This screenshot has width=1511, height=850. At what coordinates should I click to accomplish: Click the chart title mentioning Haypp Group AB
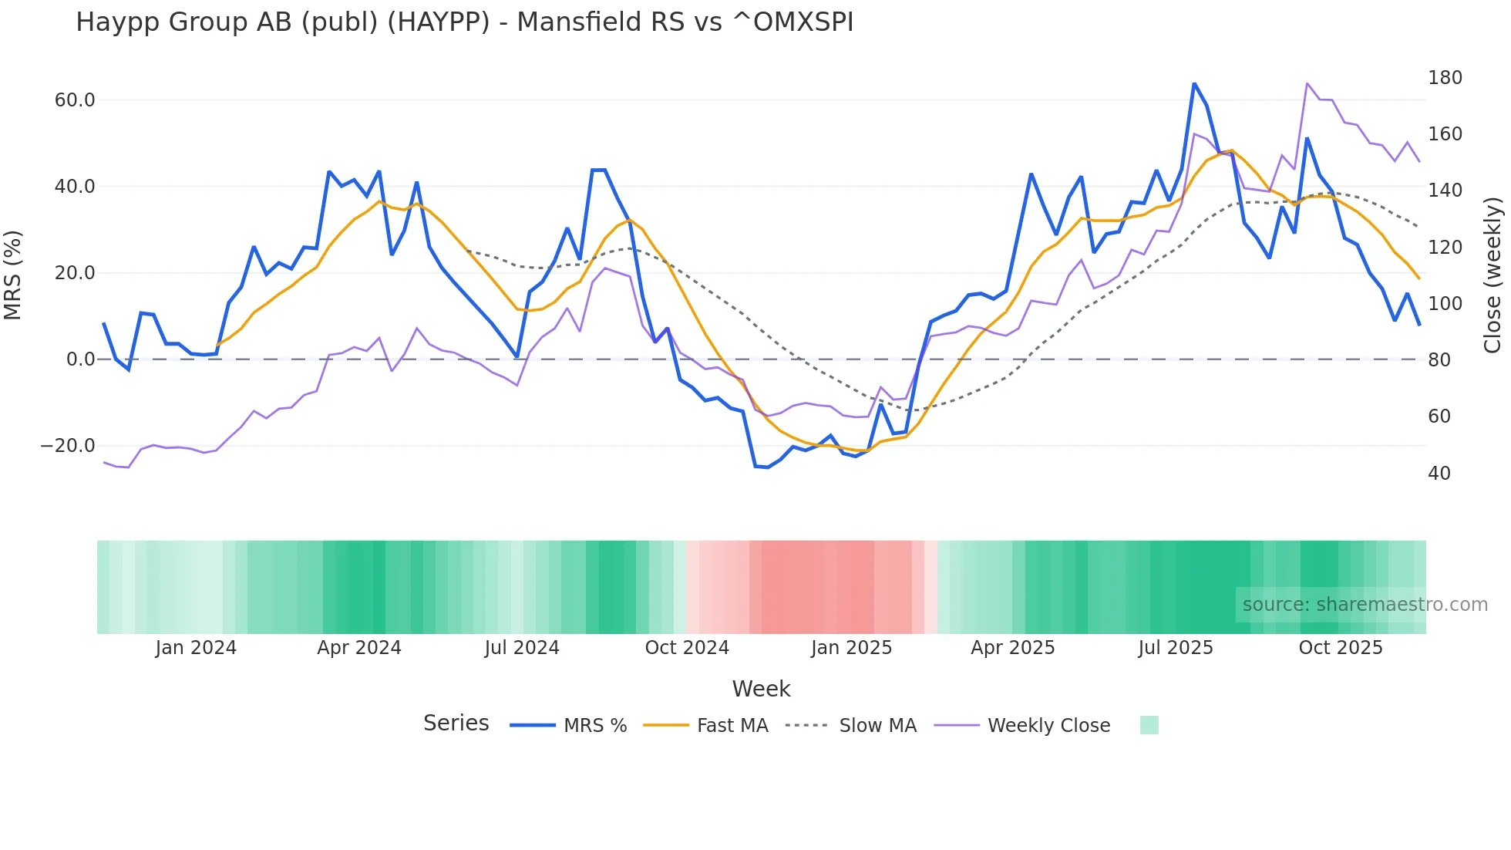click(x=464, y=22)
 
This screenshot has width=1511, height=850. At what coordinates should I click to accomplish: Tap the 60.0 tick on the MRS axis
click(x=75, y=100)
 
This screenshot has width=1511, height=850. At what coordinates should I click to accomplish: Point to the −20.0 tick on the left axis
click(x=68, y=446)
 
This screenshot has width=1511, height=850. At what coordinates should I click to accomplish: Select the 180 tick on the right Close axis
click(x=1445, y=78)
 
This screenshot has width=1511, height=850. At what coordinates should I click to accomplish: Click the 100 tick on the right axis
click(x=1445, y=304)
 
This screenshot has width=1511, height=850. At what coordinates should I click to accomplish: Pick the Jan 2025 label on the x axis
click(x=851, y=648)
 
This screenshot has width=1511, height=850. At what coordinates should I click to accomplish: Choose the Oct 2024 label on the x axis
click(x=687, y=648)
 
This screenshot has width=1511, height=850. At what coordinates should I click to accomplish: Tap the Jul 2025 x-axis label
click(x=1176, y=648)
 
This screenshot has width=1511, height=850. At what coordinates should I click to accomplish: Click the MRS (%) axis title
click(x=13, y=275)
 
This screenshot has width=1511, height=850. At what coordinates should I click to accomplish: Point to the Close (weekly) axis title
click(x=1492, y=275)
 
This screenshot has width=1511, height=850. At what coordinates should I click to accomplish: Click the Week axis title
click(x=761, y=689)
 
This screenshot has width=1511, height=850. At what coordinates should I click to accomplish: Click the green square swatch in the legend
click(x=1149, y=725)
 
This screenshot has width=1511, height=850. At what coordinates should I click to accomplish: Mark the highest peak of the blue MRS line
click(x=1194, y=83)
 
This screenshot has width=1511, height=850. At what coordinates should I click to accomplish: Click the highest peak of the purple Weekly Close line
click(x=1307, y=83)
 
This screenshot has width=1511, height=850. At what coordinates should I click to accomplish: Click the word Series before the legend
click(x=456, y=724)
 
